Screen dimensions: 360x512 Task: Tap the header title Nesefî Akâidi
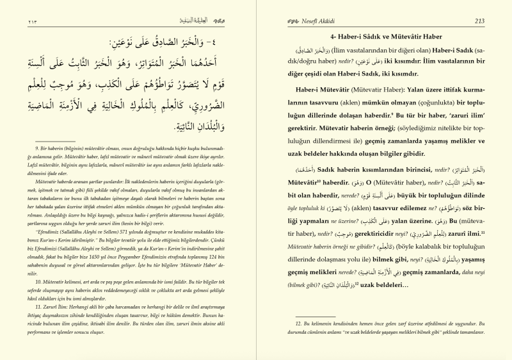[x=314, y=21]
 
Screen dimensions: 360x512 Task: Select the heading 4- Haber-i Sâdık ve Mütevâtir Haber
[x=378, y=38]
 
